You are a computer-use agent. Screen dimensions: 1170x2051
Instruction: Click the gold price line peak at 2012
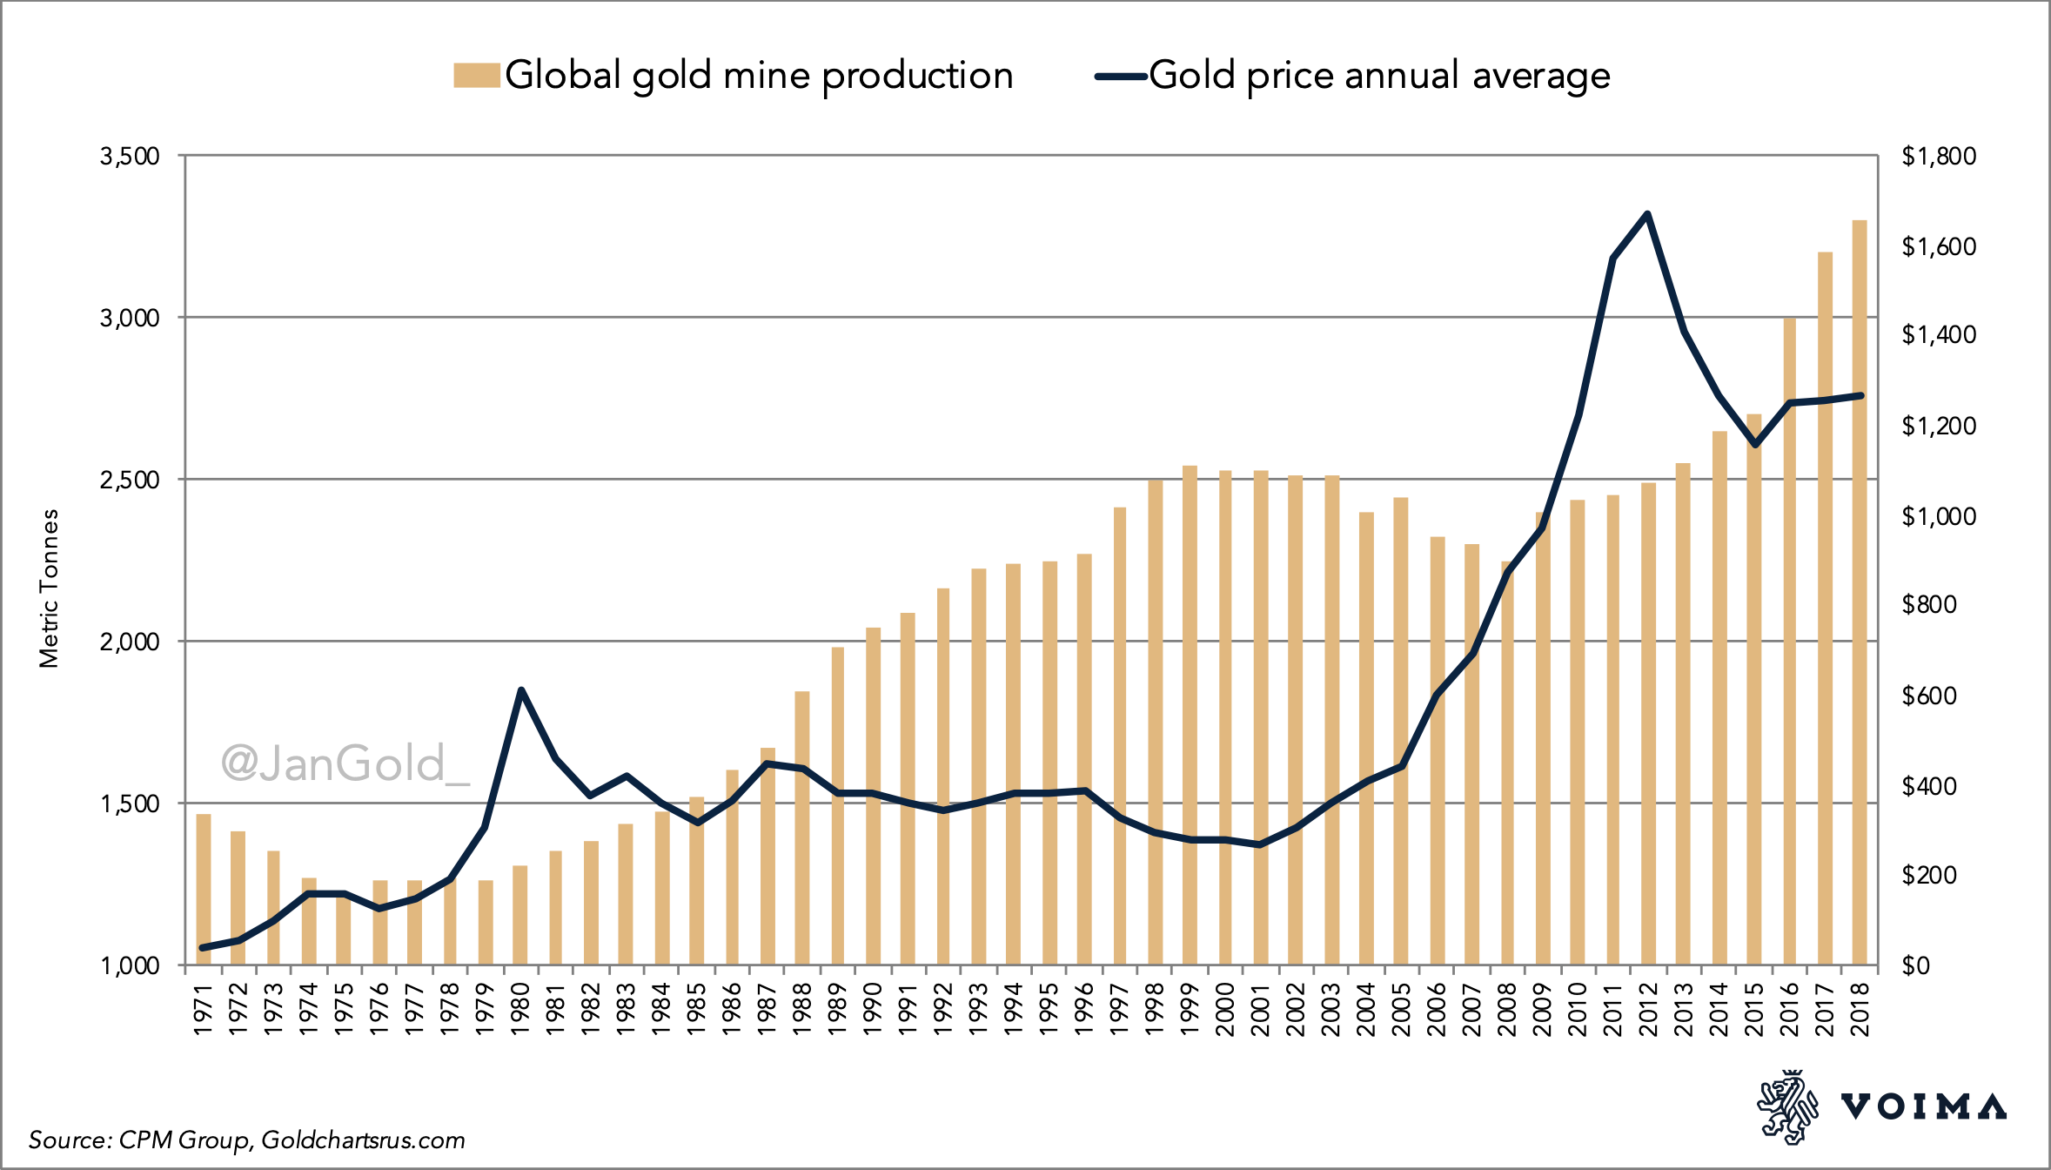(x=1647, y=214)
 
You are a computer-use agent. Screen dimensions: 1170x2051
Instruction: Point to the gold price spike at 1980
(x=520, y=690)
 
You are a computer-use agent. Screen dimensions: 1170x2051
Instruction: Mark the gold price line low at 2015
(x=1754, y=445)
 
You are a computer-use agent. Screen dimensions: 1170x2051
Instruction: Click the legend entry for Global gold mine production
(x=735, y=76)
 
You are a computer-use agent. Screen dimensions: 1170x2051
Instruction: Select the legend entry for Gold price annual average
(x=1353, y=76)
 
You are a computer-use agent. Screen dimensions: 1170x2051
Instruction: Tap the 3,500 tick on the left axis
(x=131, y=157)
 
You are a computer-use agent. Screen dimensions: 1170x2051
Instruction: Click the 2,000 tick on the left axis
(x=131, y=642)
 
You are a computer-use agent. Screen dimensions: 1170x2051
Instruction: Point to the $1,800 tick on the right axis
(x=1938, y=157)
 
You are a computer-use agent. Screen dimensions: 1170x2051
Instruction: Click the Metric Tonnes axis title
(x=49, y=588)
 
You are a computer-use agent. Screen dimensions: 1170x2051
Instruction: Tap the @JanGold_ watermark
(x=345, y=763)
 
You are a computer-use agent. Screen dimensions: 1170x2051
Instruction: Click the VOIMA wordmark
(x=1923, y=1107)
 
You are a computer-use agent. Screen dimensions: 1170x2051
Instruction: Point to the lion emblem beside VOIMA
(x=1787, y=1106)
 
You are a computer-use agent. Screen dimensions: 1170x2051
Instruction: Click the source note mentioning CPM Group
(x=246, y=1140)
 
